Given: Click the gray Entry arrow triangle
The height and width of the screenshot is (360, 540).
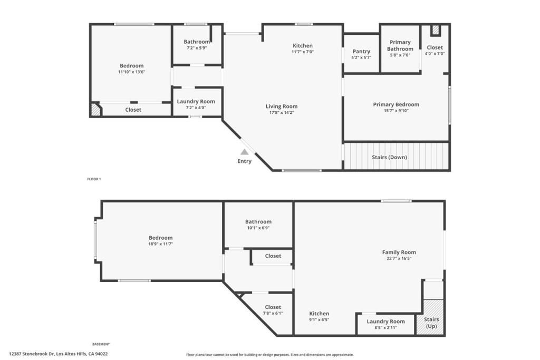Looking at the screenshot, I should tap(244, 152).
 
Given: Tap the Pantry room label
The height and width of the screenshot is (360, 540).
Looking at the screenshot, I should tap(361, 51).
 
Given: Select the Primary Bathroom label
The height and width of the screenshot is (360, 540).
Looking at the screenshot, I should tap(400, 45).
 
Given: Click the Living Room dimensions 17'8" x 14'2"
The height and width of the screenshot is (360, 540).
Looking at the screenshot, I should tap(282, 112).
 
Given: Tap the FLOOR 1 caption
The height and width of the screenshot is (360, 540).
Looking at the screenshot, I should tap(94, 179).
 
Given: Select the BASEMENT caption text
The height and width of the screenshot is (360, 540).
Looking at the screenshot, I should tap(101, 344).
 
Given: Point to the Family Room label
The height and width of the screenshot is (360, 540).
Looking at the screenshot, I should tap(399, 252).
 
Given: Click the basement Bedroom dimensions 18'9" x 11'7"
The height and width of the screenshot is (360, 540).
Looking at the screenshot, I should tap(160, 244).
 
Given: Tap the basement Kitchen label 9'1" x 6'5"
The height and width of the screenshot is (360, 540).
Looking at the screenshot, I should tap(319, 316).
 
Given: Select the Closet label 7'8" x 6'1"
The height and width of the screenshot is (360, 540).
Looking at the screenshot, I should tap(273, 310).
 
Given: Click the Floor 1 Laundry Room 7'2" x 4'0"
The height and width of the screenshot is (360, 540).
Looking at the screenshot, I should tap(196, 104).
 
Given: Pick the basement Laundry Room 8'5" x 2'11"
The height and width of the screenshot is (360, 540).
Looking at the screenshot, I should tap(385, 324).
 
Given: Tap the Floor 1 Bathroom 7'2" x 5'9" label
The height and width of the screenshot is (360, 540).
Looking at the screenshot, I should tap(197, 45).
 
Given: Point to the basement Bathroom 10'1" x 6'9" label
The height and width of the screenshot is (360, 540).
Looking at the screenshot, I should tap(258, 225).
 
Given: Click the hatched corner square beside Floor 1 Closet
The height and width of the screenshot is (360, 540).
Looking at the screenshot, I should tap(95, 110).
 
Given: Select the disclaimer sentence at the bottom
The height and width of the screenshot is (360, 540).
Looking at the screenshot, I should tap(269, 355).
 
